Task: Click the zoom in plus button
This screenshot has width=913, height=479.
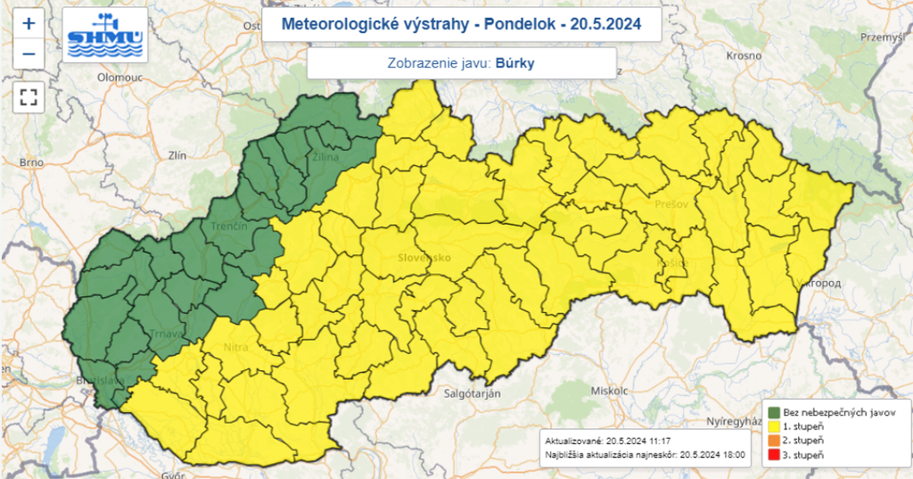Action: (29, 23)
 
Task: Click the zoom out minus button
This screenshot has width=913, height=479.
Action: (29, 54)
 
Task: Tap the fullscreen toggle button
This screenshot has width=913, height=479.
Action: (29, 96)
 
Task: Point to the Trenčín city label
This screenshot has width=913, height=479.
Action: (229, 227)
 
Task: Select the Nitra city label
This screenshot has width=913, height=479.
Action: (235, 346)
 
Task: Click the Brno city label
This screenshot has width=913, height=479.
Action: (31, 162)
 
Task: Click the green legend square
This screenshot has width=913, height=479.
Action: (775, 413)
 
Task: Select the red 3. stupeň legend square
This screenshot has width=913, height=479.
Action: (775, 456)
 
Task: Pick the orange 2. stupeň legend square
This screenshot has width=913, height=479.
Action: (775, 442)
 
